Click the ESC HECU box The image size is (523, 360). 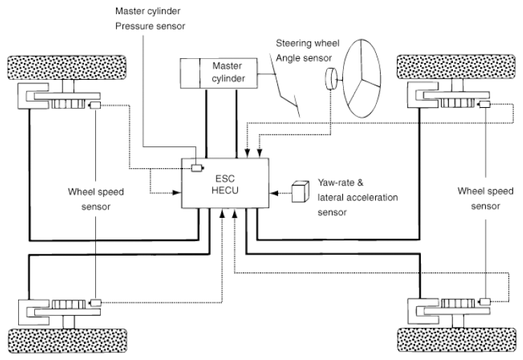225,184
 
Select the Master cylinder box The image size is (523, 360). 219,74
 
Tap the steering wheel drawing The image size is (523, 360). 362,78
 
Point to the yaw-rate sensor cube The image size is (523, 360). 300,191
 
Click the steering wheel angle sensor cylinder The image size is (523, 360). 331,79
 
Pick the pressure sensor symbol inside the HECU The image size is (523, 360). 197,168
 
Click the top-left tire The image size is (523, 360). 67,67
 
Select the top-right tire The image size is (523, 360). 456,67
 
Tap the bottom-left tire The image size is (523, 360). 67,340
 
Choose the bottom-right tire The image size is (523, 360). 456,340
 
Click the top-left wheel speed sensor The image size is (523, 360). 95,106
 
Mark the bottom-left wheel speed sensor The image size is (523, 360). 95,303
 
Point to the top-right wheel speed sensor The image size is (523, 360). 484,104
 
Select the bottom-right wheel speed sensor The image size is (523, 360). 484,302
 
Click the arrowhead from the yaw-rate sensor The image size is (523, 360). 274,193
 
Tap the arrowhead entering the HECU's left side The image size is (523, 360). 176,193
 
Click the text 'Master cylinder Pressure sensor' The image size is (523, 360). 150,19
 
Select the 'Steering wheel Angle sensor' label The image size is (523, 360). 307,50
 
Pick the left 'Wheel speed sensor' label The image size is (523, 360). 96,199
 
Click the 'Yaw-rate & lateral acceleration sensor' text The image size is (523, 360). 358,198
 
